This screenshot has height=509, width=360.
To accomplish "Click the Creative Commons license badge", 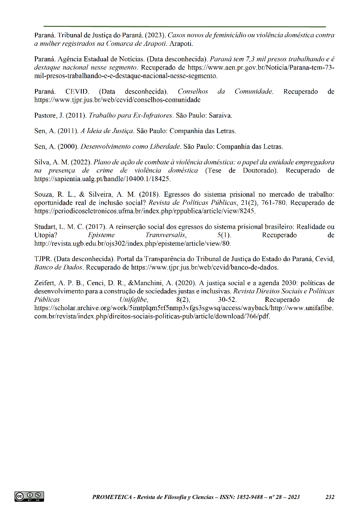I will click(x=30, y=496).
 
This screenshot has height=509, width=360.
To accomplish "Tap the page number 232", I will click(x=330, y=497).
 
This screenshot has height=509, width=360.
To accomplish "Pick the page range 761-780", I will click(x=276, y=203).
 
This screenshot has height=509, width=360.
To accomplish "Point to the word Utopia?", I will click(x=45, y=235).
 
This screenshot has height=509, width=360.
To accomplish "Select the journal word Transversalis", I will click(x=167, y=235).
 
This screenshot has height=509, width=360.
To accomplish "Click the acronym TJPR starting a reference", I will click(x=43, y=259).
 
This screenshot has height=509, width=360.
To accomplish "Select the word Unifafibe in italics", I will click(x=133, y=300).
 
